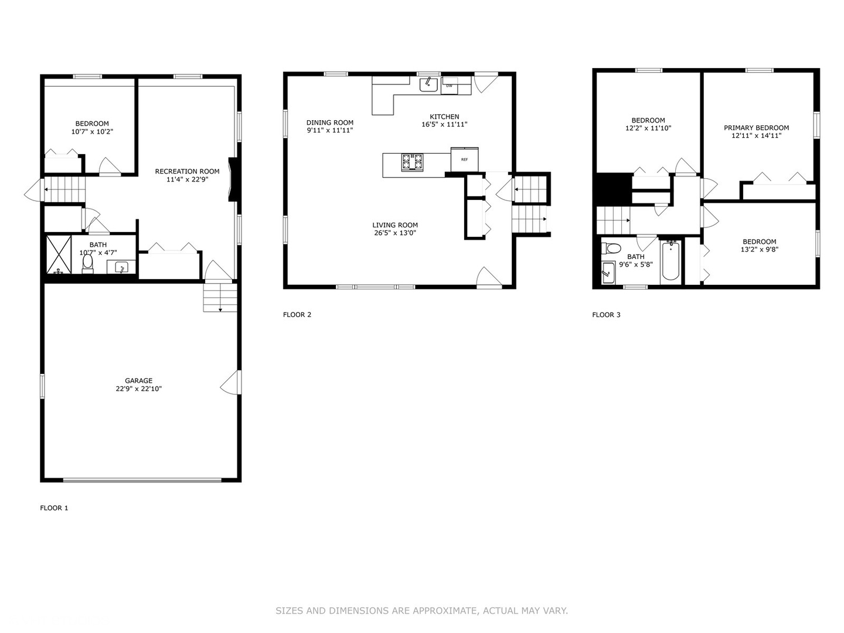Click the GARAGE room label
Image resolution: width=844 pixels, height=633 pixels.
click(138, 380)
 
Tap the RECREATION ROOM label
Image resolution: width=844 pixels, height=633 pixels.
click(187, 171)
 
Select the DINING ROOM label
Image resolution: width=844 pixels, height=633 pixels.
click(330, 122)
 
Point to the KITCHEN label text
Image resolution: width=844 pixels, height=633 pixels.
click(444, 117)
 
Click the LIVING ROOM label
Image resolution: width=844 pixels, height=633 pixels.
click(395, 225)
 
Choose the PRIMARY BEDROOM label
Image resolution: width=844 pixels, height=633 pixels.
click(756, 128)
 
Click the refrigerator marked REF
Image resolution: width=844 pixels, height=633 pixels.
click(465, 159)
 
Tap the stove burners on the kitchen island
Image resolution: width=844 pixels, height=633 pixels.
click(411, 162)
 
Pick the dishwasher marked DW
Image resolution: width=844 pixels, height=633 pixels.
click(450, 86)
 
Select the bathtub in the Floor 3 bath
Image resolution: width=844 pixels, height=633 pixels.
click(671, 261)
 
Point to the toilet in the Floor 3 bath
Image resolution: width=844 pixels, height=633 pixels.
click(611, 249)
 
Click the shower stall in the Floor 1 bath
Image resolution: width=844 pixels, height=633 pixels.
click(59, 255)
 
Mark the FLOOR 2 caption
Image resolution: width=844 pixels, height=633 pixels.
click(297, 315)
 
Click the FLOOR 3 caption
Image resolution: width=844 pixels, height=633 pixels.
click(606, 315)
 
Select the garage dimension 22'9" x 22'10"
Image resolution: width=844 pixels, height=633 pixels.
click(138, 389)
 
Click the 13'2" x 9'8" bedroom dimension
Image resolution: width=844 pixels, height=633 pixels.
click(760, 249)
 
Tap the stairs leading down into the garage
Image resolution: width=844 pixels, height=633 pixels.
click(220, 297)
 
